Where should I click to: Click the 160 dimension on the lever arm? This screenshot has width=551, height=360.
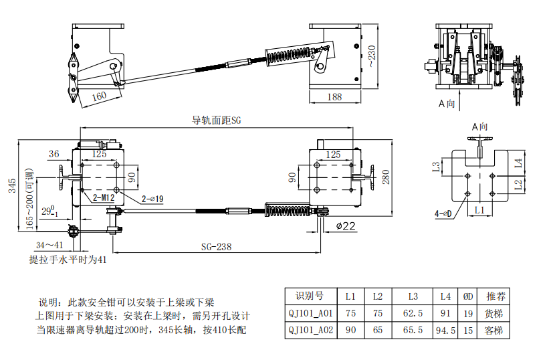click(98, 96)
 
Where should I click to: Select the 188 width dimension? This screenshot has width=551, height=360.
click(334, 97)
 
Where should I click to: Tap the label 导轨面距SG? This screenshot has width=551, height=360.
click(216, 120)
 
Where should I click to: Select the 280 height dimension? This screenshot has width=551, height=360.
click(384, 177)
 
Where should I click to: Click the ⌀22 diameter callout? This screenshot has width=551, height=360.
click(345, 226)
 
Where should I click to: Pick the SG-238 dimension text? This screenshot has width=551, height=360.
click(216, 246)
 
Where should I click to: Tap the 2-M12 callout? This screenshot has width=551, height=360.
click(103, 198)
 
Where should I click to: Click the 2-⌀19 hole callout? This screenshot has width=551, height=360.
click(153, 199)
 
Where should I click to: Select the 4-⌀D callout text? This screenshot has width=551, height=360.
click(443, 213)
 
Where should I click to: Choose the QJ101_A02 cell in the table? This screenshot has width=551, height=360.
click(310, 330)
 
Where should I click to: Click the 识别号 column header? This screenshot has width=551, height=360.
click(309, 296)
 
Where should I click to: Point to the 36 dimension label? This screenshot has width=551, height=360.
click(54, 154)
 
